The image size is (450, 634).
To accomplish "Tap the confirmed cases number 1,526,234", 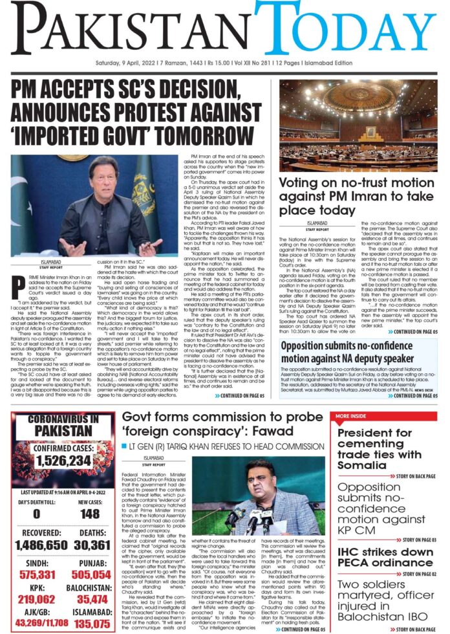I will pos(63,460).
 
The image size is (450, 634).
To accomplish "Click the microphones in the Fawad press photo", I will pos(255,514).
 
